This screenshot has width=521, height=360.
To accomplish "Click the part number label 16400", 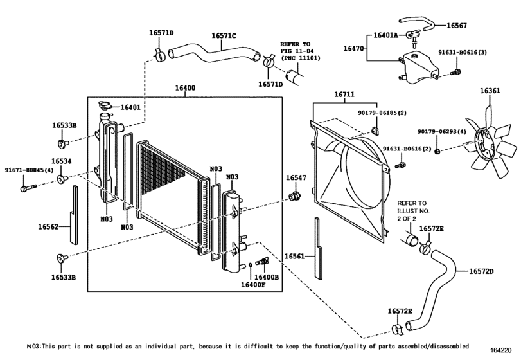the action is pyautogui.click(x=185, y=88).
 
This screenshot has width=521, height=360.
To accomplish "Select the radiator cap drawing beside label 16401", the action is pyautogui.click(x=105, y=105).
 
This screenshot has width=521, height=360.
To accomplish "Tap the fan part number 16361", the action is pyautogui.click(x=490, y=91).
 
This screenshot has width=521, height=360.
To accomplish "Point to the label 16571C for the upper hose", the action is pyautogui.click(x=224, y=35).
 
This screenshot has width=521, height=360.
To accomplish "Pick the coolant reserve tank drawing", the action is pyautogui.click(x=419, y=67).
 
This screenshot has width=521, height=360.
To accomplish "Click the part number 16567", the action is pyautogui.click(x=457, y=25).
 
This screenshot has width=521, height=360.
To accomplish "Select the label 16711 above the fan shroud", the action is pyautogui.click(x=344, y=94).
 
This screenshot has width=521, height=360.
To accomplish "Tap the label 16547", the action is pyautogui.click(x=296, y=178).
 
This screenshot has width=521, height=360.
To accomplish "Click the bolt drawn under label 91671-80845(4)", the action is pyautogui.click(x=28, y=188).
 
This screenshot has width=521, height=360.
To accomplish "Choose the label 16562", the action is pyautogui.click(x=48, y=227).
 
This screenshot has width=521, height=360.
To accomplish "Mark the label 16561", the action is pyautogui.click(x=295, y=256).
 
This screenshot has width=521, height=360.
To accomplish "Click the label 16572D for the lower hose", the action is pyautogui.click(x=481, y=271).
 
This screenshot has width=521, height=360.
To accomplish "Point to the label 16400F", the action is pyautogui.click(x=253, y=284).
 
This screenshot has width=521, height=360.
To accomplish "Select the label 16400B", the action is pyautogui.click(x=267, y=276).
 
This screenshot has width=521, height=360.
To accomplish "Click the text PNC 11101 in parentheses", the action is pyautogui.click(x=302, y=58).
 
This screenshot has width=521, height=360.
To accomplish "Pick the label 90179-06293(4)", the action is pyautogui.click(x=442, y=132).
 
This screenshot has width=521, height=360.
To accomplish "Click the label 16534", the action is pyautogui.click(x=61, y=161).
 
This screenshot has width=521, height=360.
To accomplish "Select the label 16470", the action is pyautogui.click(x=353, y=48).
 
